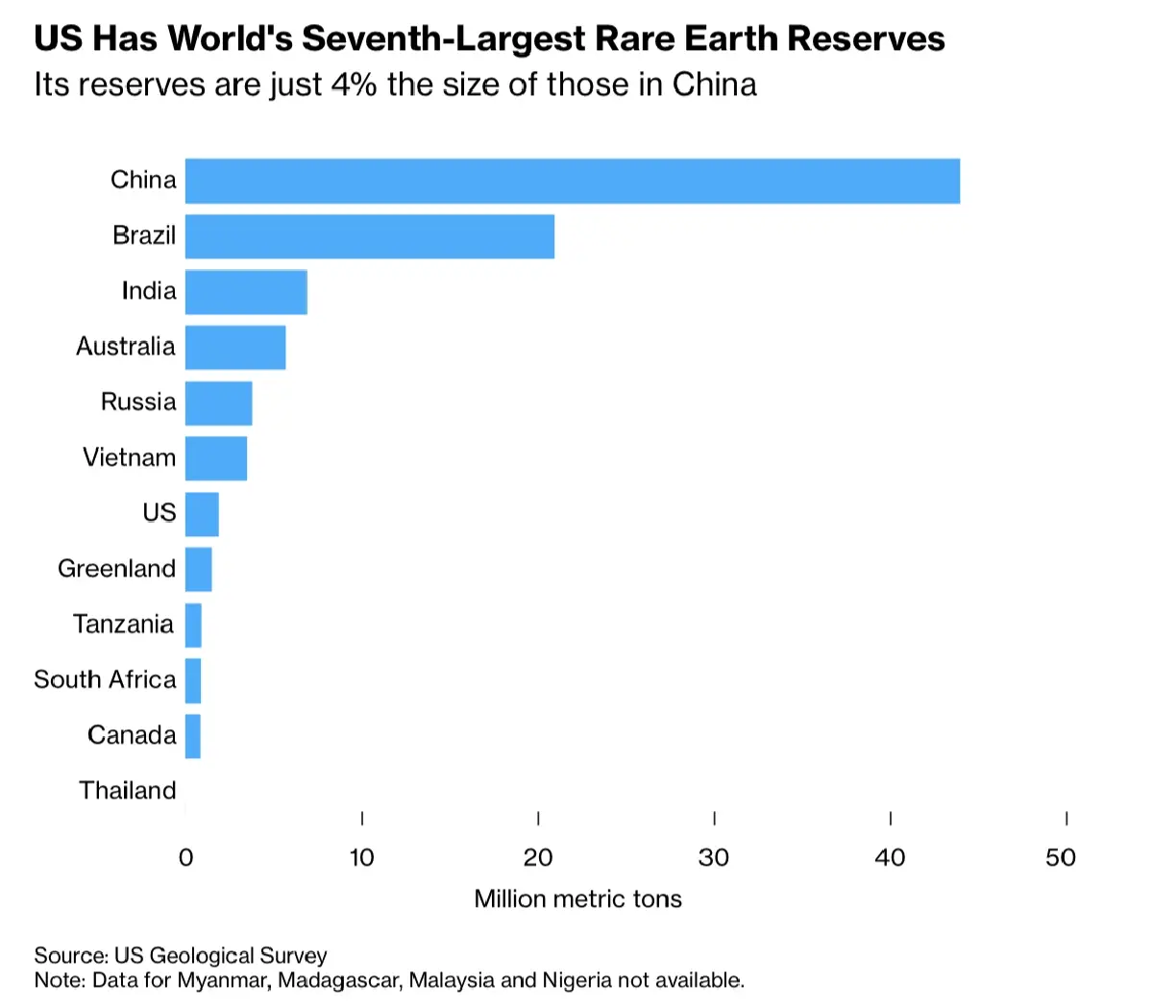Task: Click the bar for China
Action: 572,181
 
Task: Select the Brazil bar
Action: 370,236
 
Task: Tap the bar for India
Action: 246,292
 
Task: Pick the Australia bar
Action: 235,347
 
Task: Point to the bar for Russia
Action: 219,403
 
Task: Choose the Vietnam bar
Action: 216,458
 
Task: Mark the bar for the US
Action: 202,514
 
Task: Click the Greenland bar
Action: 198,569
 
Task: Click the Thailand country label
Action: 128,791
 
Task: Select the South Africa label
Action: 106,679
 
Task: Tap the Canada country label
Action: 132,735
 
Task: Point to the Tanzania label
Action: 124,625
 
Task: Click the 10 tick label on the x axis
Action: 361,857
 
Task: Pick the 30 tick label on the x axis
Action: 714,857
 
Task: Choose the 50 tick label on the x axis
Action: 1061,857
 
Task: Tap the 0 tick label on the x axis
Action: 186,857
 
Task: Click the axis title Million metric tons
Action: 578,899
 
